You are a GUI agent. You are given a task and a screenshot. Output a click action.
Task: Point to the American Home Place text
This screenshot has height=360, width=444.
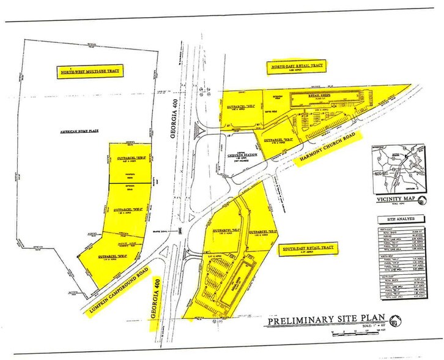tap(80, 132)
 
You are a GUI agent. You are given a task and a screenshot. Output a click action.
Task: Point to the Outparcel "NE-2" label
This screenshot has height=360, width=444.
tap(278, 140)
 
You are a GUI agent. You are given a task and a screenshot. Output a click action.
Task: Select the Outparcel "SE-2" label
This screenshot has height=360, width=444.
tap(263, 231)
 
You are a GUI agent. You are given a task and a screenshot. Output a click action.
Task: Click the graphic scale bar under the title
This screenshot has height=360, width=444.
tap(352, 332)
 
